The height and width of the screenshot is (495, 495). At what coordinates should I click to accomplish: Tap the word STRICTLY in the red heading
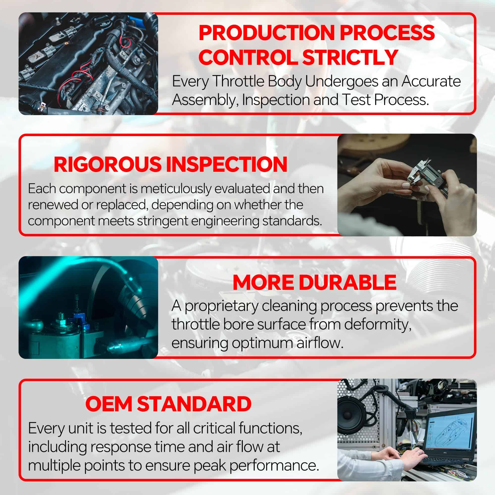pyautogui.click(x=350, y=57)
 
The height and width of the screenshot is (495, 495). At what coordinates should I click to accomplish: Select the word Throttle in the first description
pyautogui.click(x=238, y=81)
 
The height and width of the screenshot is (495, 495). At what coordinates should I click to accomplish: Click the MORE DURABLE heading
pyautogui.click(x=314, y=283)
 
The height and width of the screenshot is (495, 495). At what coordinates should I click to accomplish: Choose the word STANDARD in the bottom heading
pyautogui.click(x=194, y=404)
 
